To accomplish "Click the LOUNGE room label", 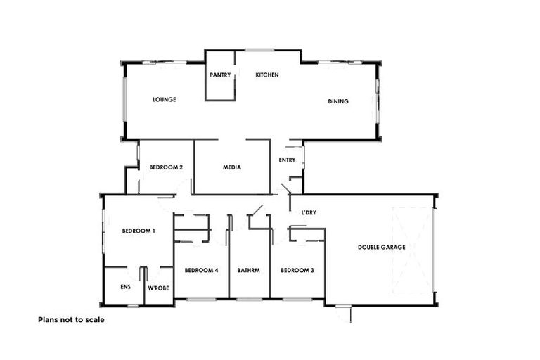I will coord(164,100).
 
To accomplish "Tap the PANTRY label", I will coord(220,75).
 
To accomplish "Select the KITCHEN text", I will coord(267,75).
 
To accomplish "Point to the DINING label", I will coord(338,102).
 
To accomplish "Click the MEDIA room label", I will coord(232,167).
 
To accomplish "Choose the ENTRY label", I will coord(287,160).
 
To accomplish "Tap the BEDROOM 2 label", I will coord(167,167).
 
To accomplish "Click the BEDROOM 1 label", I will coord(139,231).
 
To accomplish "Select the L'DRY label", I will coord(308,212).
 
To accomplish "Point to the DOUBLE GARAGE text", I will coord(382,247).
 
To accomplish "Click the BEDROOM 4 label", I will coord(201,271).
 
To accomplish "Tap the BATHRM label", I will coord(249,271).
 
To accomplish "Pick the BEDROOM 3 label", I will coord(297,271).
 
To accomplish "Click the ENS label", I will coord(125,288).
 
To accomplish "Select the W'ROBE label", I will coord(158,288).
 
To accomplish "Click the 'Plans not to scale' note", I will coord(70,319).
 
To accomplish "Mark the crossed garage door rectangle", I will coord(411,251).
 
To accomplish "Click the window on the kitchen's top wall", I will coord(259,49).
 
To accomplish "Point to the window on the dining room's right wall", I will coord(378,100).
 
